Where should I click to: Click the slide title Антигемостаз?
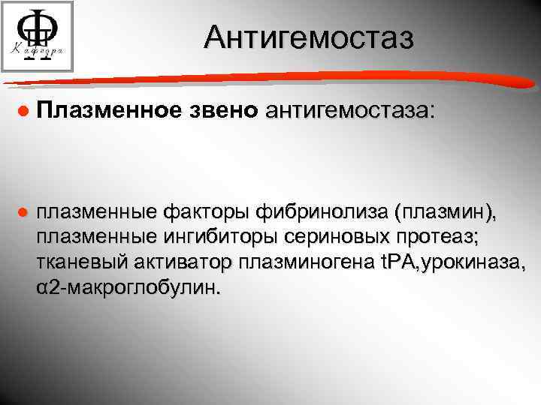308,37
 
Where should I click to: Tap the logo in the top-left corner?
38,37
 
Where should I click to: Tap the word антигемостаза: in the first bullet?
349,111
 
